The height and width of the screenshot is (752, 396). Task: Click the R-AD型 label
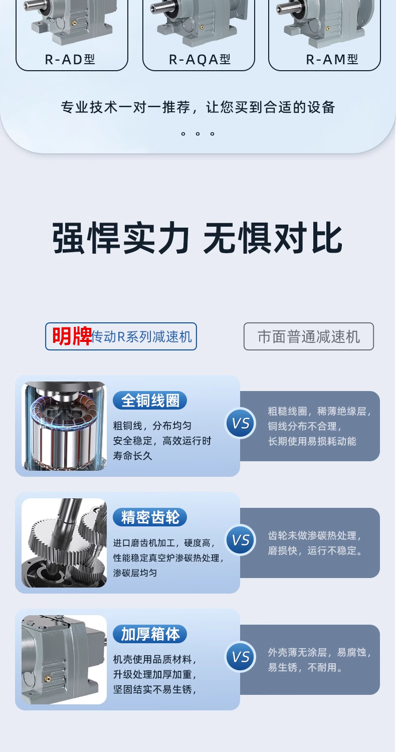(x=70, y=60)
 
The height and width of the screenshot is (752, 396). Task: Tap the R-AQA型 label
(x=200, y=60)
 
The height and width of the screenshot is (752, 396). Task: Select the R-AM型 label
(x=332, y=60)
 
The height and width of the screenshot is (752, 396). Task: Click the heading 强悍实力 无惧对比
(x=197, y=238)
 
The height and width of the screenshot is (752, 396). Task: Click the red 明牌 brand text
(x=72, y=336)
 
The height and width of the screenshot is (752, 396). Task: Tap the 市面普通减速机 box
(x=308, y=336)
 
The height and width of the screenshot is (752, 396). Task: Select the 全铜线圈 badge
(x=150, y=400)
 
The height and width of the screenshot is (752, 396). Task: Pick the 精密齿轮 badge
(x=150, y=517)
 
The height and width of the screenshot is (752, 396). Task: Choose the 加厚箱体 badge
(x=150, y=634)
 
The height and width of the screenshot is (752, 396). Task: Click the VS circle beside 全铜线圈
(x=241, y=423)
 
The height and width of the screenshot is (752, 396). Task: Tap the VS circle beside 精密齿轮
(x=241, y=540)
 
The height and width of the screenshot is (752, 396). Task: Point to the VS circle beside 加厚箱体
(x=241, y=657)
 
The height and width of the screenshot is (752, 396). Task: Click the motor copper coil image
(x=64, y=426)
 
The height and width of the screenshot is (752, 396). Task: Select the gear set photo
(x=64, y=543)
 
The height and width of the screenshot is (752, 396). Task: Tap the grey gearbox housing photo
(x=64, y=660)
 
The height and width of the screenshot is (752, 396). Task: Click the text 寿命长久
(x=132, y=456)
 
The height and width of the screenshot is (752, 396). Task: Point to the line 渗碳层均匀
(x=135, y=573)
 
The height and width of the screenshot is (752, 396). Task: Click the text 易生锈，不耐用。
(x=305, y=667)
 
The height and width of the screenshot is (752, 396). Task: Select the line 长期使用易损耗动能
(x=312, y=441)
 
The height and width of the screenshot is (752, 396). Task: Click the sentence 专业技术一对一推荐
(x=125, y=107)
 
